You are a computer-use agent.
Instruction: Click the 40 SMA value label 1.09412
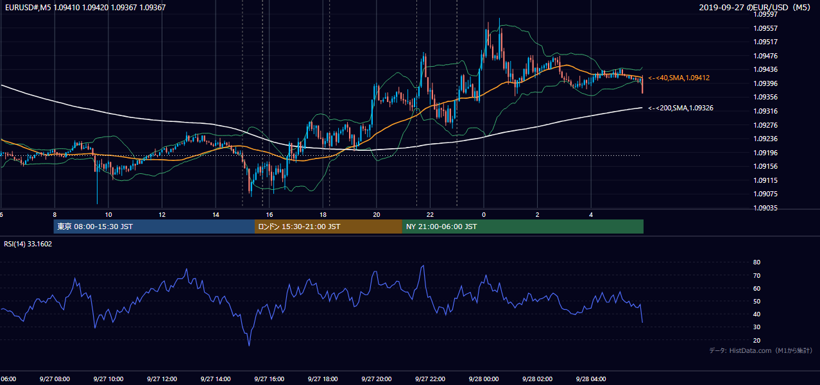point(679,78)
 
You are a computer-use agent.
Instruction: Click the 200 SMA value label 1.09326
point(681,108)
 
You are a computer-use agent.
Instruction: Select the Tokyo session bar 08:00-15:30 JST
point(154,227)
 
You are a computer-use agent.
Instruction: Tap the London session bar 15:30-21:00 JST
point(329,227)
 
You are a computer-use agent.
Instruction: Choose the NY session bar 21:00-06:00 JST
point(523,227)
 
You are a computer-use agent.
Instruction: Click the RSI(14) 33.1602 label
point(28,244)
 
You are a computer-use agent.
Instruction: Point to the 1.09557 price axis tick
point(765,28)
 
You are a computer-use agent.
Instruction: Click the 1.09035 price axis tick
point(765,208)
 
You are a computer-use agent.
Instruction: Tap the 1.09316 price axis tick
point(765,111)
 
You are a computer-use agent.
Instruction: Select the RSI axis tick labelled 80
point(756,262)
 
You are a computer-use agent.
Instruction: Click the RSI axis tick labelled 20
point(756,340)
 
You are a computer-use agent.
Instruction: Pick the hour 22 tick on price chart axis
point(430,215)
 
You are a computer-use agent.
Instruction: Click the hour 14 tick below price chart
point(216,215)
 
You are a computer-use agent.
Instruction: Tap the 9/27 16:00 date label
point(269,379)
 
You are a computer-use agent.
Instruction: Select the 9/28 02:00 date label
point(538,379)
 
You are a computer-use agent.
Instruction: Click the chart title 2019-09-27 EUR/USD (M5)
point(755,7)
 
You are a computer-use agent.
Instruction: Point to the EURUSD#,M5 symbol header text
point(28,7)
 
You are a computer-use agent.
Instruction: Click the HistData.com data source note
point(761,350)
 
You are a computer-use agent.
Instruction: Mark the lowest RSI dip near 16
point(250,345)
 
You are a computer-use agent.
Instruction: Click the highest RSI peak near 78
point(423,266)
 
